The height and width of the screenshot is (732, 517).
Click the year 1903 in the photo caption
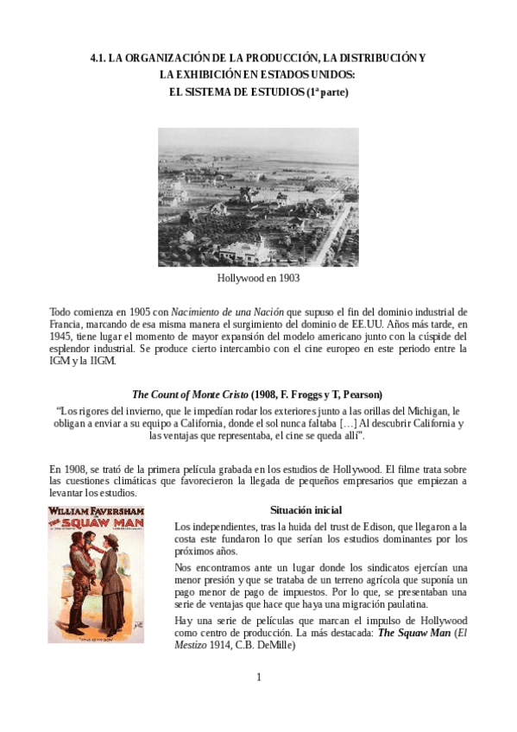(x=286, y=280)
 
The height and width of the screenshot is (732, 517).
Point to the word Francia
(x=66, y=324)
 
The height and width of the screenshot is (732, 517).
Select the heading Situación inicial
(x=306, y=510)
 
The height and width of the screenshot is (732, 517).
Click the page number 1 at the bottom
(x=258, y=677)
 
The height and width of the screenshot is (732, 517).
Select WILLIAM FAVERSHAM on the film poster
(x=96, y=511)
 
